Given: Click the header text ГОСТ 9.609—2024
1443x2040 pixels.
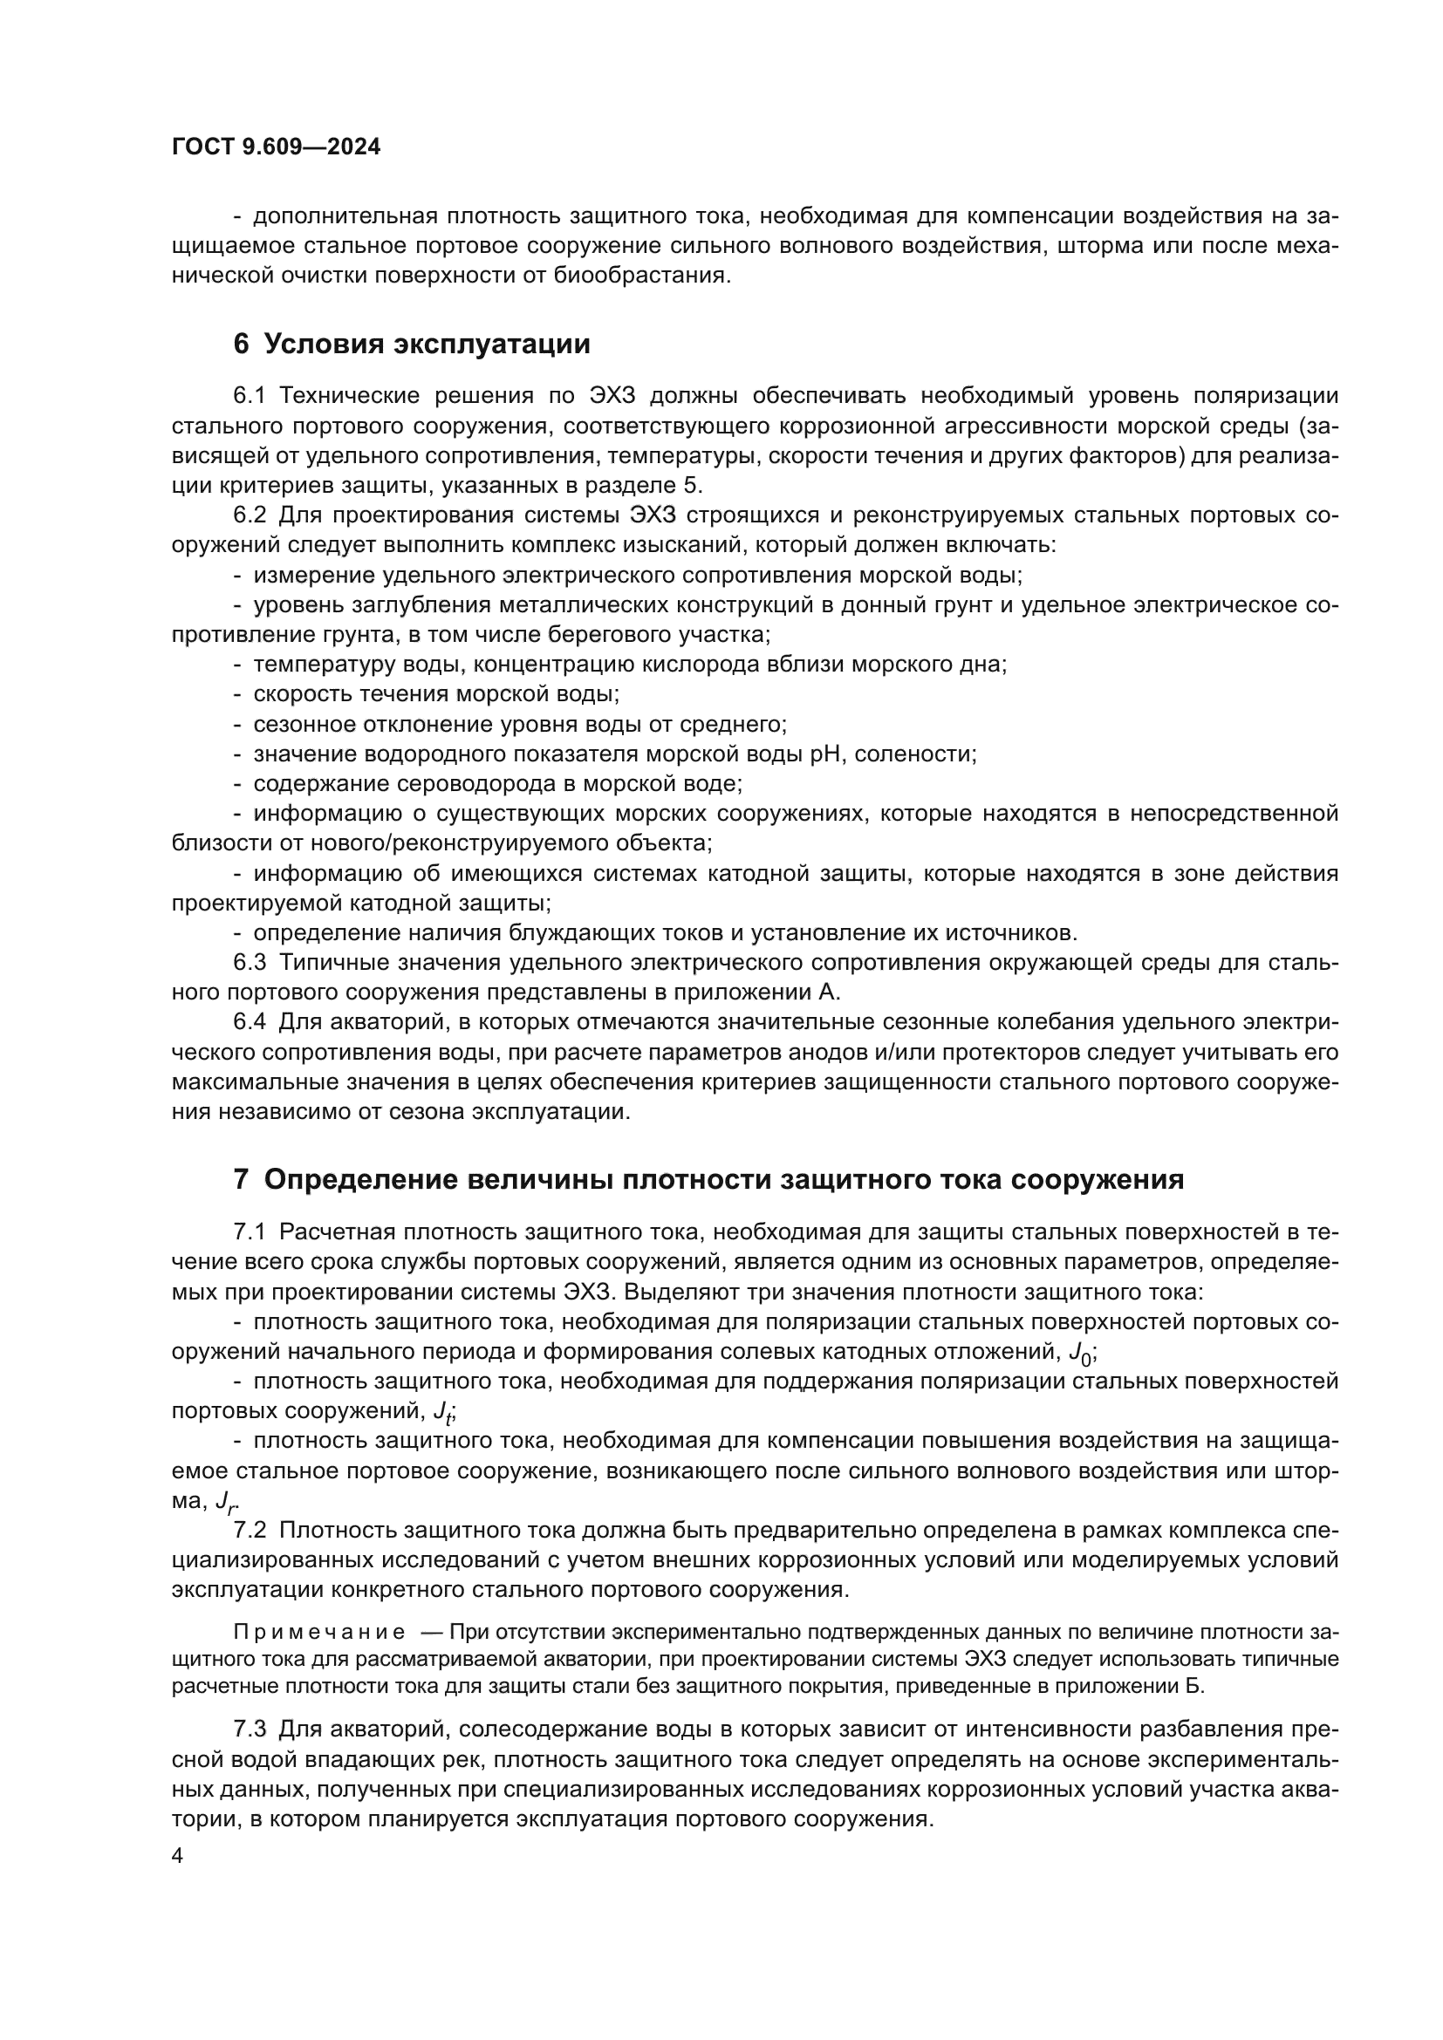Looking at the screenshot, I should click(276, 147).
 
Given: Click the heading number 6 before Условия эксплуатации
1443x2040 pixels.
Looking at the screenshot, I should click(241, 344).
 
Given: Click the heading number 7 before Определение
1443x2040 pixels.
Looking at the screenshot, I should click(241, 1179).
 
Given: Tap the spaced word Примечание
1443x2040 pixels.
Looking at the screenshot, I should click(319, 1632).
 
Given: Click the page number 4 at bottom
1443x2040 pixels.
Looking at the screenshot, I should click(177, 1856).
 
